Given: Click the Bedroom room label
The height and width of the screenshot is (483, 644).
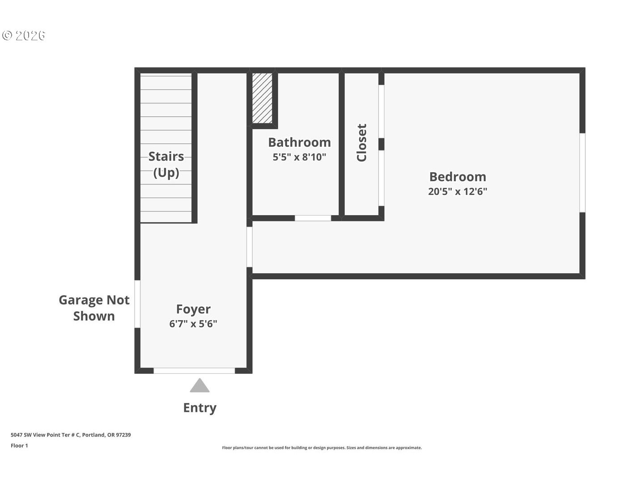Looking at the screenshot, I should tap(458, 177).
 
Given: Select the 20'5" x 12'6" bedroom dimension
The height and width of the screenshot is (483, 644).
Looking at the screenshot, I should tap(458, 191).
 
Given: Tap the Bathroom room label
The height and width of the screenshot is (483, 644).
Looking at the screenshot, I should tap(299, 142).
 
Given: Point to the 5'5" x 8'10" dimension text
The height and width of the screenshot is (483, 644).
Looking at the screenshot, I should tap(299, 157).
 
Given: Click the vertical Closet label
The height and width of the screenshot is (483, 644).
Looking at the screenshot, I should tap(361, 143).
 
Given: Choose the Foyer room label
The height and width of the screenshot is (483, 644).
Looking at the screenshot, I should tap(193, 309).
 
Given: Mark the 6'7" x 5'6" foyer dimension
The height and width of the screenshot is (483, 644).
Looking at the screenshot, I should tap(193, 324).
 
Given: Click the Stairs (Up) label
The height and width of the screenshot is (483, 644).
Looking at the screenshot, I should tap(166, 164).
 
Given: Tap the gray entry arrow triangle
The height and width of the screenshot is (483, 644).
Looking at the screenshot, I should tap(199, 386).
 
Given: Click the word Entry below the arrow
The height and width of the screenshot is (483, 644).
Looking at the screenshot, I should tap(199, 408).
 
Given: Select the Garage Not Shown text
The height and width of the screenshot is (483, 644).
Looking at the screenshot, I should tap(94, 308).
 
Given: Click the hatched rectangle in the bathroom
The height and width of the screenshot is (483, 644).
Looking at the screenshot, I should tap(262, 98).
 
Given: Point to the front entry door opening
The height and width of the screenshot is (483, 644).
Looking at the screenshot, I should tap(194, 370).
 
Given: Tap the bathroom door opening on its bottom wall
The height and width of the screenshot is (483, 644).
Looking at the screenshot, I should tap(313, 218).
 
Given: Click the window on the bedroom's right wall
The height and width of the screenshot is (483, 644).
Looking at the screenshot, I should tap(582, 173).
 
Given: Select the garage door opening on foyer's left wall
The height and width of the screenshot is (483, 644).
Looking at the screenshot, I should tap(137, 304).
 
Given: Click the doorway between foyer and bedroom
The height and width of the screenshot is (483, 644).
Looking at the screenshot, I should tap(250, 247).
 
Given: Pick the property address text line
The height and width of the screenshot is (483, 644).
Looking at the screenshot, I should tap(71, 435).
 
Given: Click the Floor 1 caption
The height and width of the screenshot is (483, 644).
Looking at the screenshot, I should tap(19, 445).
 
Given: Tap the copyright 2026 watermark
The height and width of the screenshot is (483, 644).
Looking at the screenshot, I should tap(24, 36).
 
